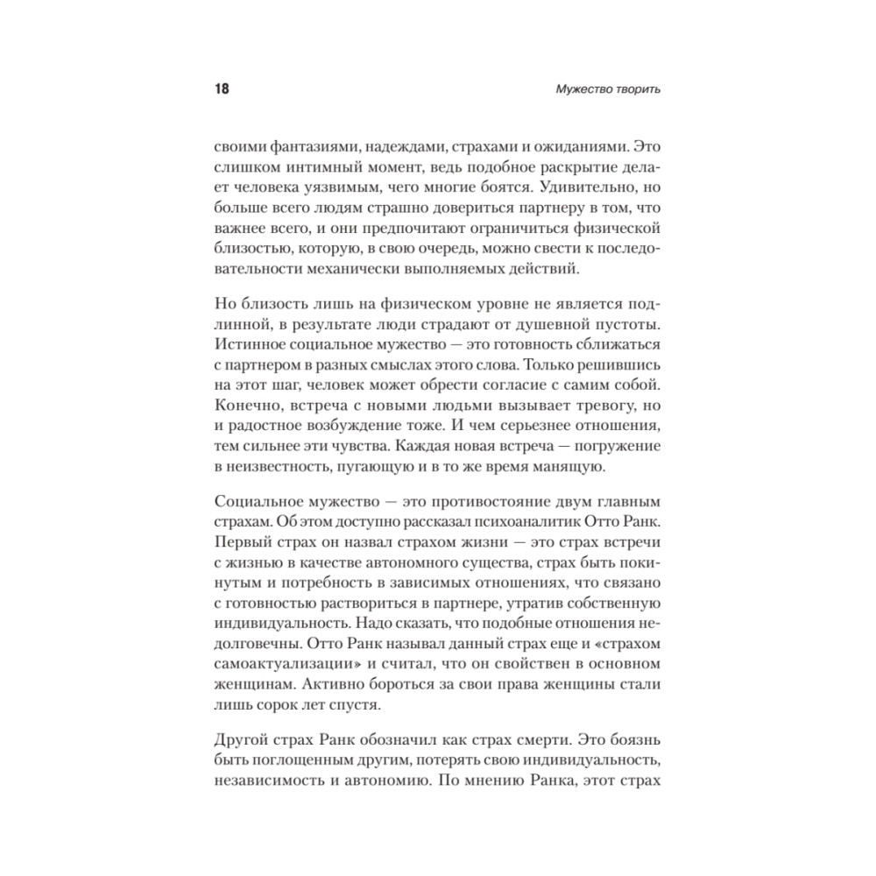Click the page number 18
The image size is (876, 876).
221,91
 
